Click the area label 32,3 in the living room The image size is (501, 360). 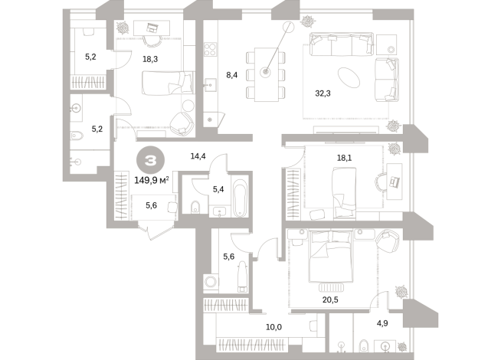click(323, 93)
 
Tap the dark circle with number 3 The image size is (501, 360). click(150, 162)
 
